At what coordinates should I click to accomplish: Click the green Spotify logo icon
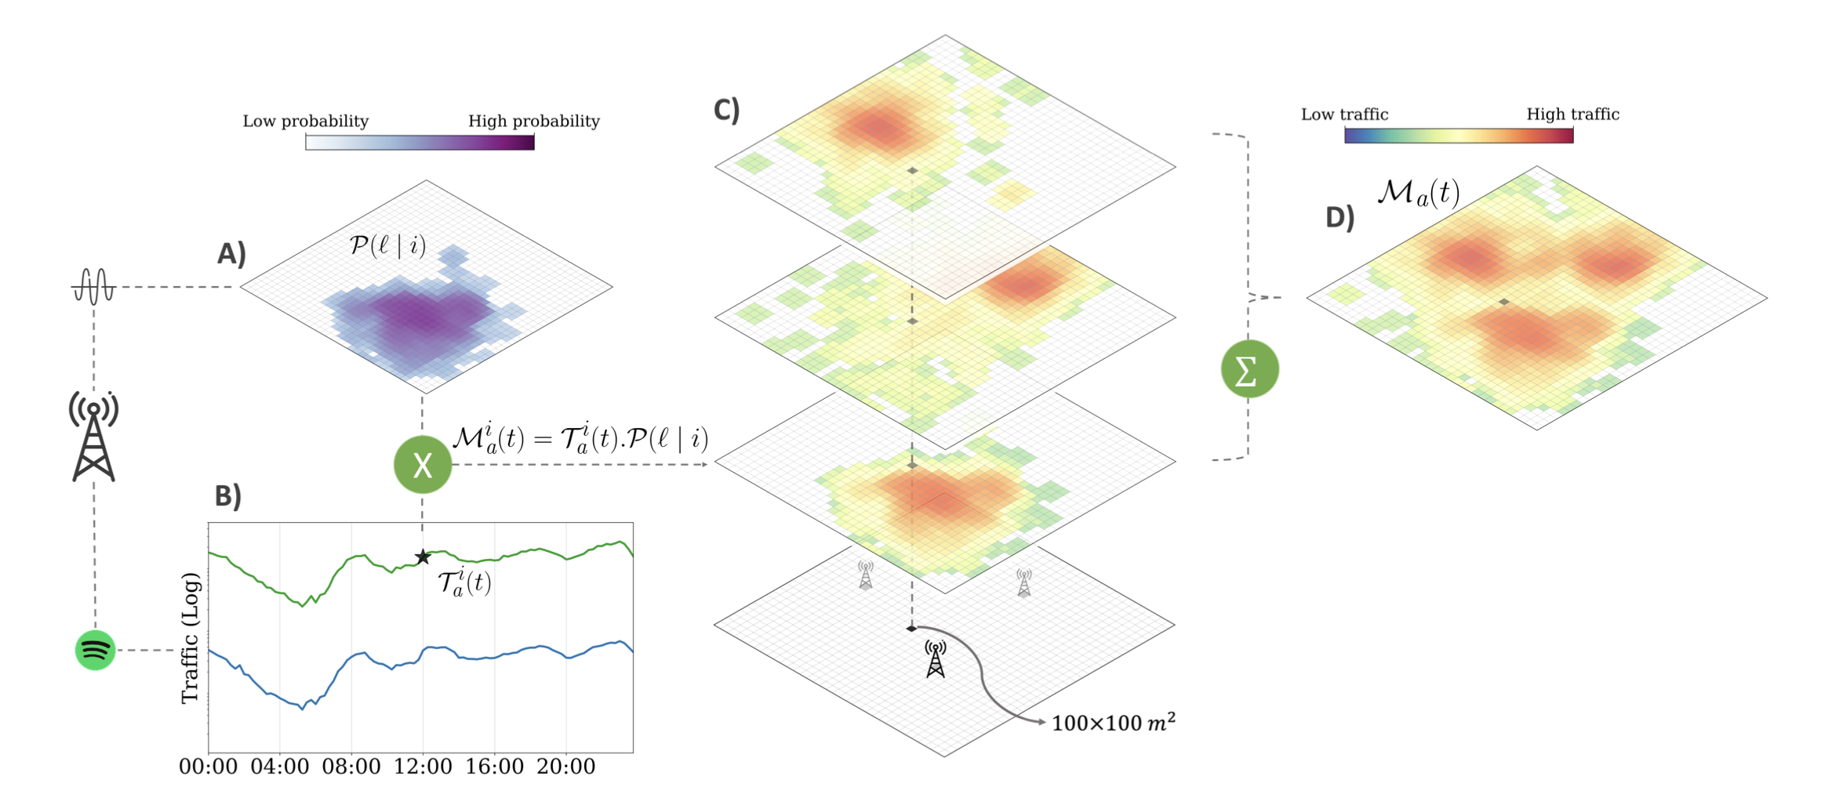95,650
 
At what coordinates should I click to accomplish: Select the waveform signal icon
93,286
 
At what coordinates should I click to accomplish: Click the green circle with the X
423,465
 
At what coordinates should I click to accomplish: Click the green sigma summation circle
1249,369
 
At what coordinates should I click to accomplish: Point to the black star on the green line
423,557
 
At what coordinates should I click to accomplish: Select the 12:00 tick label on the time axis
423,767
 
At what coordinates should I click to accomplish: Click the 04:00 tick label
279,767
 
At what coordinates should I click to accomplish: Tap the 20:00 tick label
565,767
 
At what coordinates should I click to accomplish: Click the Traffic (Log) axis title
191,638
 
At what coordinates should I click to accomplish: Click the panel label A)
231,254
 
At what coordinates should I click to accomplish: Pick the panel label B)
227,496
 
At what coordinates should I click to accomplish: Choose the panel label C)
726,111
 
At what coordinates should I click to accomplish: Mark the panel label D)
1339,218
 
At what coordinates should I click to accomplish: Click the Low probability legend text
305,122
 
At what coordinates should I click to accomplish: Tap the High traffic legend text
1572,114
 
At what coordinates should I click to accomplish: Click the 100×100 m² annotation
1113,723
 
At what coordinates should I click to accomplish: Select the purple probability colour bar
420,142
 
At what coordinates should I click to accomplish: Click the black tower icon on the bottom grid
936,658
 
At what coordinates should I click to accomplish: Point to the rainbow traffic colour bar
1459,136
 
